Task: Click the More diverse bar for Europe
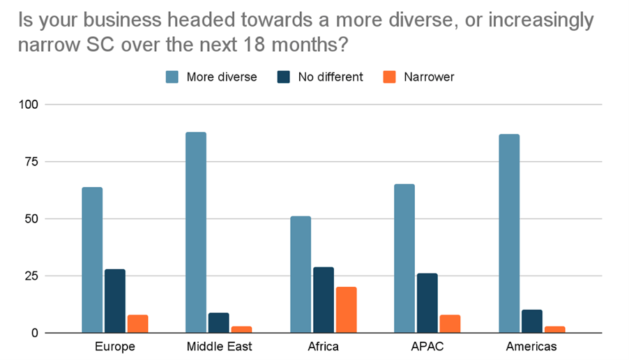(92, 260)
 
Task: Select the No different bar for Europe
(115, 301)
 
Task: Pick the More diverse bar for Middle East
(196, 232)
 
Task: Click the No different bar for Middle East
(219, 322)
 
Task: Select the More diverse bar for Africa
(301, 275)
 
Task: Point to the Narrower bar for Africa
(346, 310)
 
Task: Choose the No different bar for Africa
(323, 300)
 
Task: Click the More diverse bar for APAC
(404, 259)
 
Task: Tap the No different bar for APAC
(427, 303)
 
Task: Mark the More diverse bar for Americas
(509, 234)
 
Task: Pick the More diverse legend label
(222, 77)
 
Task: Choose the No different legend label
(331, 77)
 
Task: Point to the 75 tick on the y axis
(34, 162)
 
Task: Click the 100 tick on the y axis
(31, 105)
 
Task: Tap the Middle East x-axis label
(219, 346)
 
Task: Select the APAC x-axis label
(427, 346)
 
